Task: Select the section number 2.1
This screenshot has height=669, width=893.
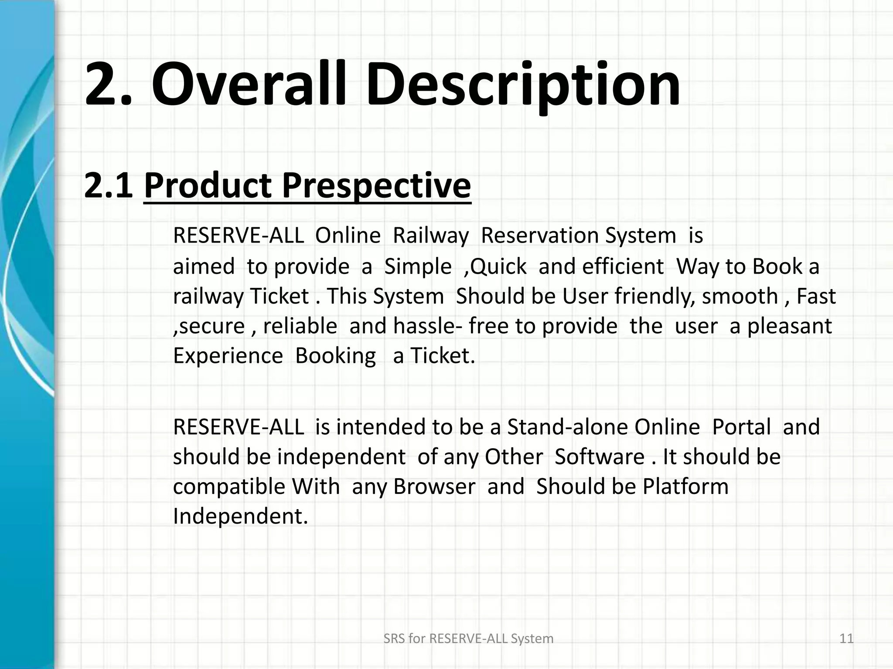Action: click(x=108, y=186)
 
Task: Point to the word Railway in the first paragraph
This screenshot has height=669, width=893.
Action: click(x=430, y=236)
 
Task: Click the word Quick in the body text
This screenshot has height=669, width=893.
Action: click(x=498, y=267)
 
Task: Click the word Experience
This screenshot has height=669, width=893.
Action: click(x=228, y=356)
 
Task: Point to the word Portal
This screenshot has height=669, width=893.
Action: click(x=741, y=427)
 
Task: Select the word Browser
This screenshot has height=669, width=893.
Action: click(x=434, y=487)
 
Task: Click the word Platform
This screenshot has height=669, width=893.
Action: click(x=685, y=487)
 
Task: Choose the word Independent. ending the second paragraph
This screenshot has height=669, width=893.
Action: click(x=240, y=517)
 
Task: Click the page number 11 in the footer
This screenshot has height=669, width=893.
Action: click(x=846, y=639)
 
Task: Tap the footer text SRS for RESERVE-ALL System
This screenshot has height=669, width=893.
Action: click(x=468, y=639)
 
